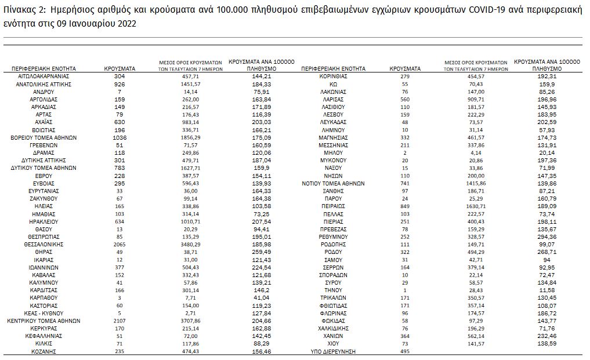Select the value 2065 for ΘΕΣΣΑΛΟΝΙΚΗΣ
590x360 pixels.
click(x=120, y=245)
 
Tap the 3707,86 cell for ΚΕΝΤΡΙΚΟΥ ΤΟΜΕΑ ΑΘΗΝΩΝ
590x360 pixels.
click(x=191, y=321)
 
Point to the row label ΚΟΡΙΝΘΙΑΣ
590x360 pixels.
click(x=334, y=77)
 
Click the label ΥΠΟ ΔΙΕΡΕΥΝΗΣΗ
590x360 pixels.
click(x=334, y=351)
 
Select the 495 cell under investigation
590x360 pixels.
click(x=405, y=351)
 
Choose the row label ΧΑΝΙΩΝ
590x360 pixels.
click(x=334, y=336)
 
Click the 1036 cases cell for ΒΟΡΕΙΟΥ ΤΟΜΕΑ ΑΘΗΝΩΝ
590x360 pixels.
click(x=120, y=137)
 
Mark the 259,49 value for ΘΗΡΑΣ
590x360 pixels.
click(x=262, y=252)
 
